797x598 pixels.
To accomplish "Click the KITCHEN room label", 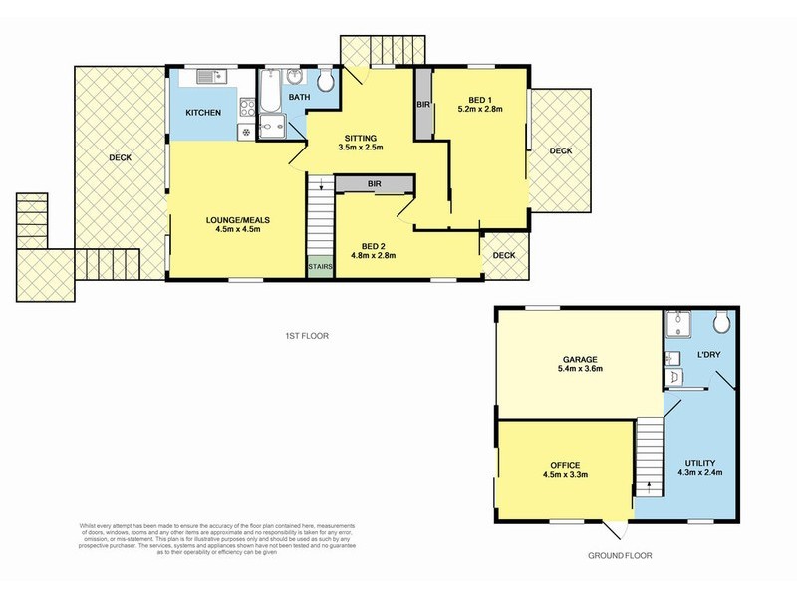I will pos(203,113).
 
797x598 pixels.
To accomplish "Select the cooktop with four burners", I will pos(243,131).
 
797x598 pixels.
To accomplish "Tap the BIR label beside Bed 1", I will pos(423,104).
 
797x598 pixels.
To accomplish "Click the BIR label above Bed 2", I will pos(374,184).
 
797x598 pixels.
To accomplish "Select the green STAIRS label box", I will pos(319,267).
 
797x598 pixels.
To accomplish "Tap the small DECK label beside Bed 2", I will pos(504,255).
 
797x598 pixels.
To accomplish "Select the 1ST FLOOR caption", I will pos(306,337).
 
